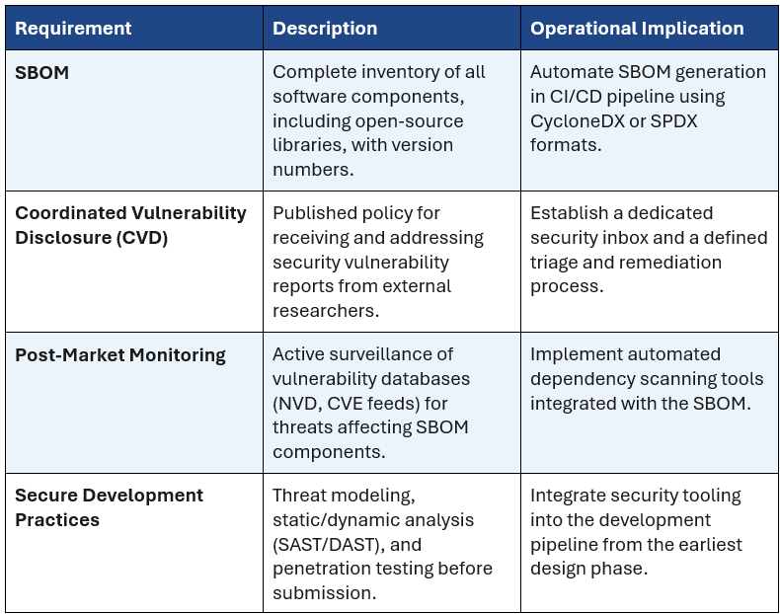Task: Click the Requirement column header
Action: [73, 29]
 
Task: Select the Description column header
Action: [325, 29]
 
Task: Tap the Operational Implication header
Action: [637, 29]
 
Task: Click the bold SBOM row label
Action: [41, 73]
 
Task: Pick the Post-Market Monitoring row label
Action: [120, 355]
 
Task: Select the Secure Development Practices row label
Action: [109, 507]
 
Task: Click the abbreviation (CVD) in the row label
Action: [142, 238]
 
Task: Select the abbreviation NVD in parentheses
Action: [296, 403]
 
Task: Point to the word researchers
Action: [326, 311]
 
